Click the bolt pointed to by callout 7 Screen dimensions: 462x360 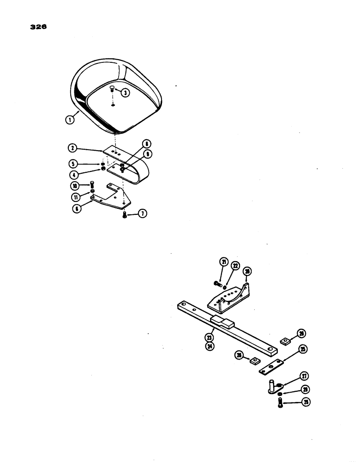125,214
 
